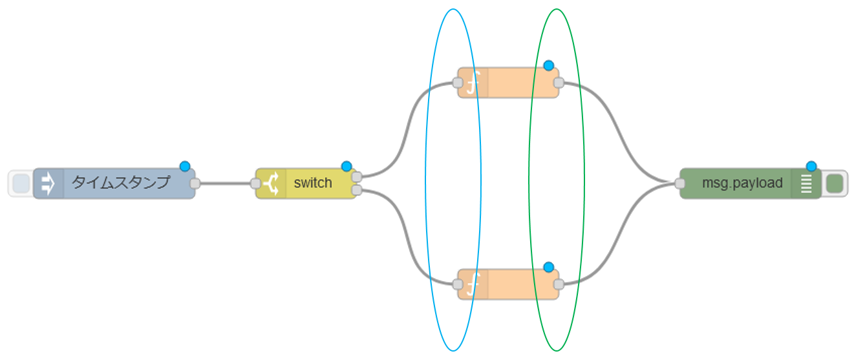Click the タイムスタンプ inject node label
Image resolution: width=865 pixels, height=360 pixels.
[120, 183]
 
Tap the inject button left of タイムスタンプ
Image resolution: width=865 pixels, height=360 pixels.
[21, 184]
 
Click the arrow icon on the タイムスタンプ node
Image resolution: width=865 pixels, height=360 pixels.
[48, 184]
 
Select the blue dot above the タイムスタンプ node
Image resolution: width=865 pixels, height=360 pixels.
[185, 167]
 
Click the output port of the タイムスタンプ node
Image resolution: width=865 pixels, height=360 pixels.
[195, 184]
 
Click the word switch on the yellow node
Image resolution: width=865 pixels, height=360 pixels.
[312, 183]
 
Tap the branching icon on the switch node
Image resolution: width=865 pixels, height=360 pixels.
[271, 184]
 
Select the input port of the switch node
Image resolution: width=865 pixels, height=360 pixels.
[255, 184]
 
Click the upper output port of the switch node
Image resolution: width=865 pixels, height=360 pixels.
[356, 176]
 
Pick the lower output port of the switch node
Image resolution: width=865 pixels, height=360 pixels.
[356, 190]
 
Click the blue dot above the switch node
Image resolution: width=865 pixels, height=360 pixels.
[346, 166]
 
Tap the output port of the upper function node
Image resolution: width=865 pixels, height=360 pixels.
[559, 83]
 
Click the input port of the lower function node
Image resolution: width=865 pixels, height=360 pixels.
[458, 284]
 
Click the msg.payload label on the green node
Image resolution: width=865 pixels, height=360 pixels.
[742, 183]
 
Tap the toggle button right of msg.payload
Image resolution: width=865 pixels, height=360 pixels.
[834, 184]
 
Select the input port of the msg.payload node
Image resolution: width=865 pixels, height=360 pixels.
[679, 184]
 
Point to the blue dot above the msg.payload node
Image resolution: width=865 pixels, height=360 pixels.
[811, 166]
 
